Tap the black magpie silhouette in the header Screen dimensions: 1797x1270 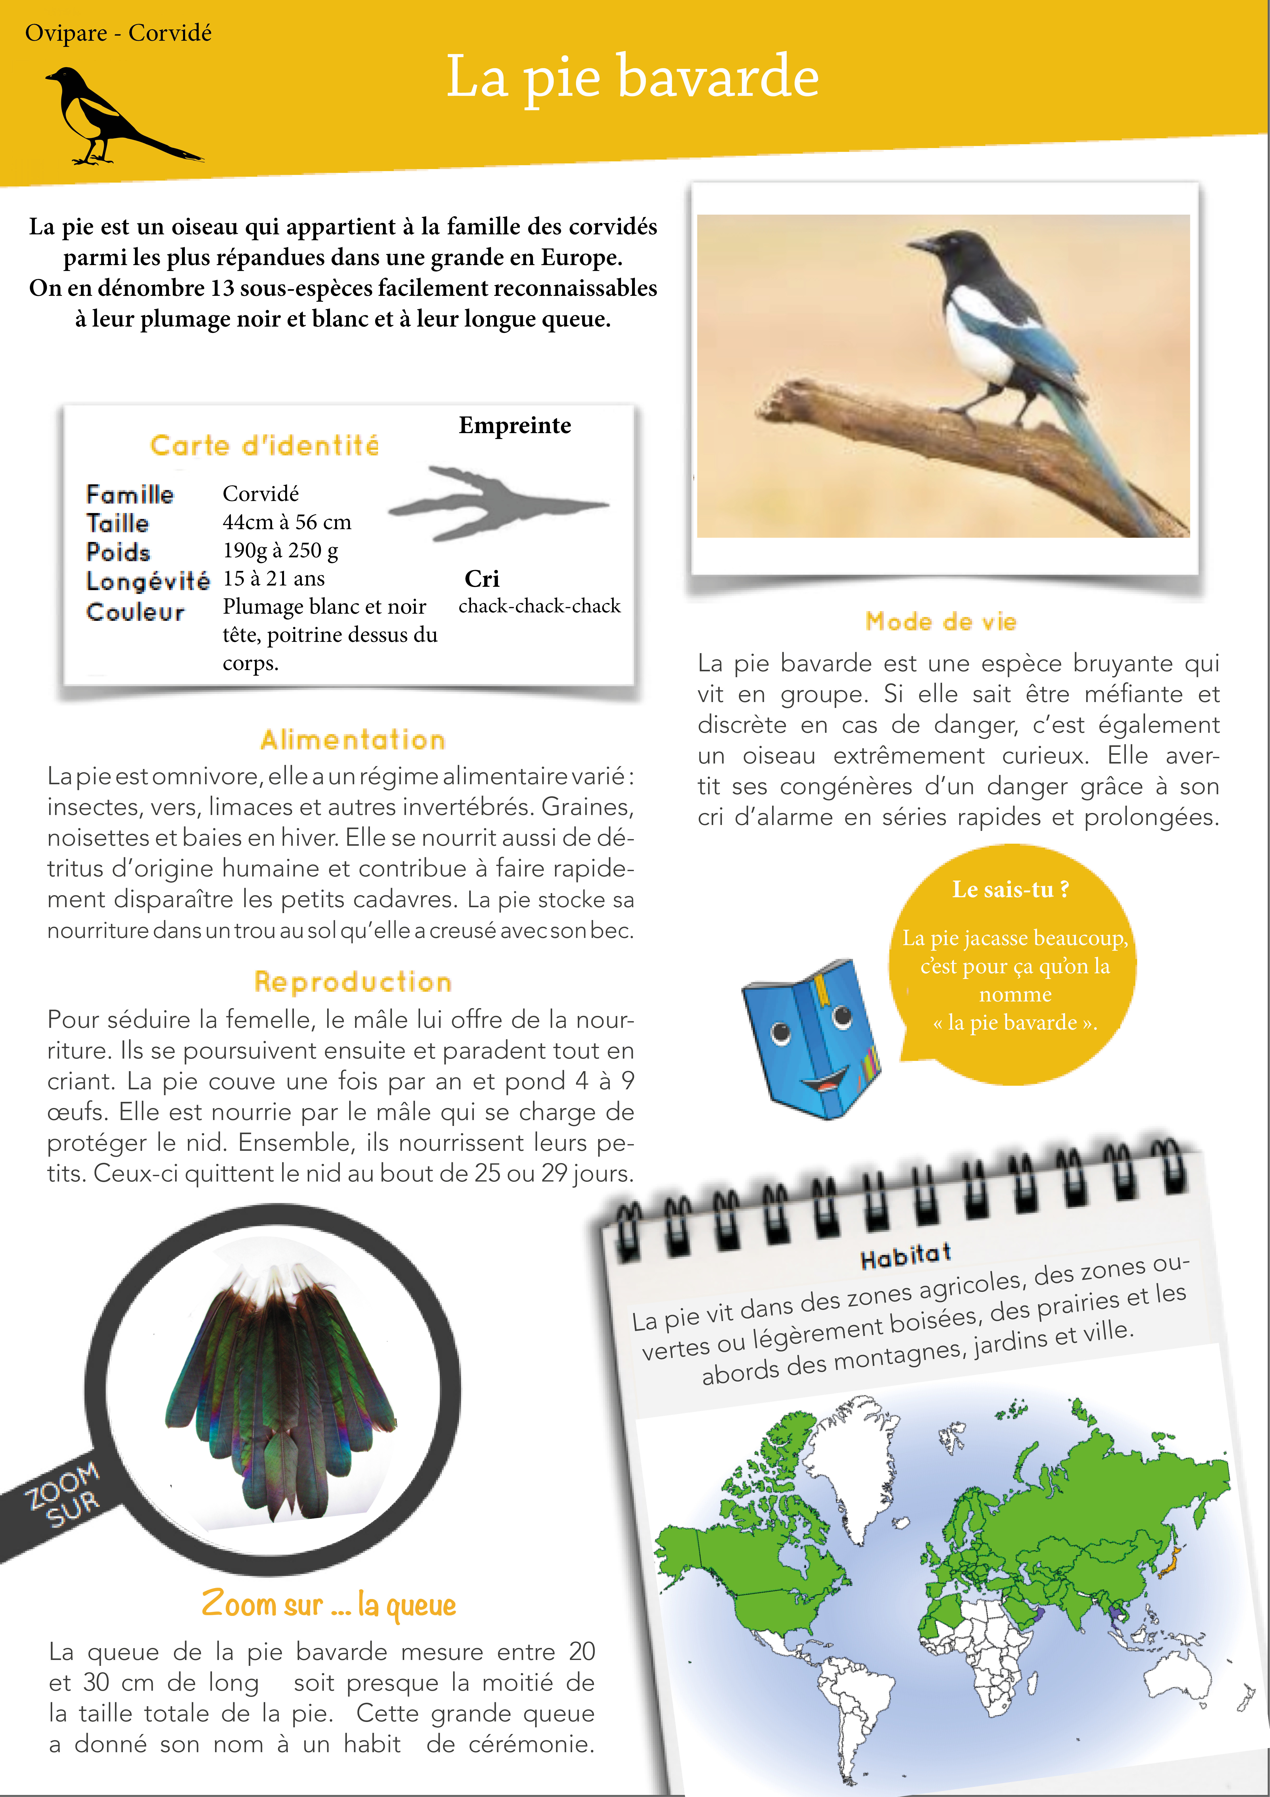tap(110, 117)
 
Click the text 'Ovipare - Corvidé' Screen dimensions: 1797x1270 tap(118, 33)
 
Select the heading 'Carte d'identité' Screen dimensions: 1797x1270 tap(264, 445)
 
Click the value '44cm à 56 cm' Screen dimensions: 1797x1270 tap(286, 522)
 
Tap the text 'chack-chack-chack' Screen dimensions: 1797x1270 tap(539, 606)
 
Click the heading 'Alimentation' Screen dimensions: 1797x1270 tap(353, 740)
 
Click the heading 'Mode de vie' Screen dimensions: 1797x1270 tap(941, 621)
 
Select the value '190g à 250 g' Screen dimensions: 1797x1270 tap(280, 550)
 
